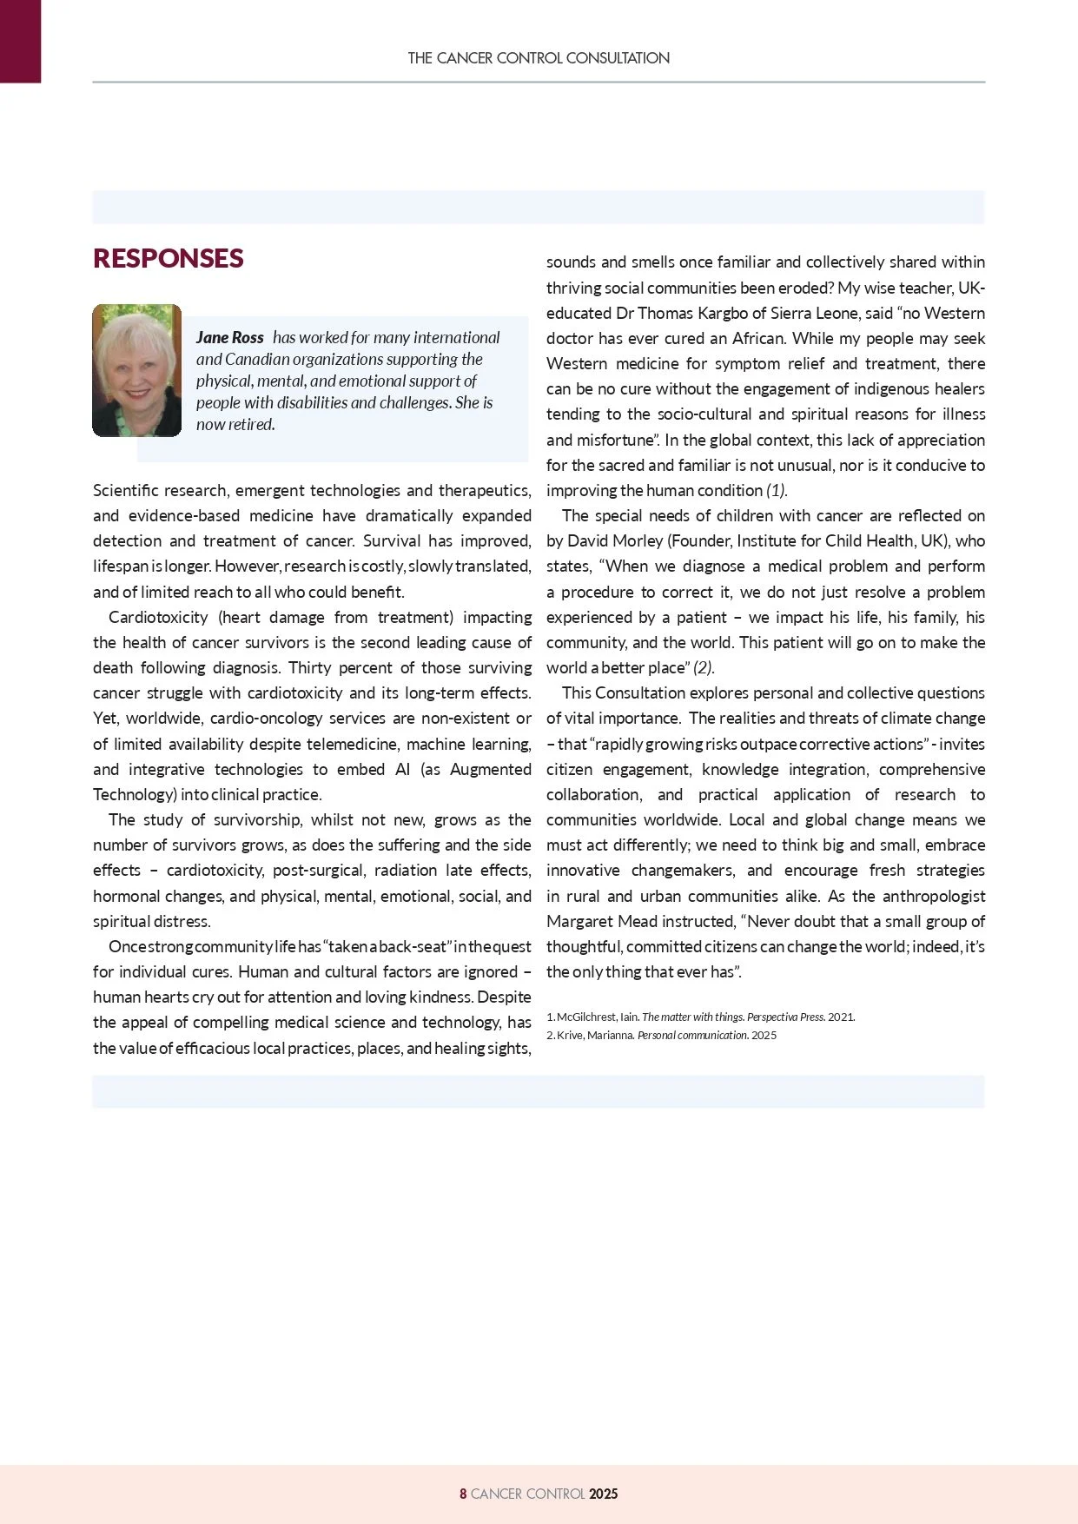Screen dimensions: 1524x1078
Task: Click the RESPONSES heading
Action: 168,259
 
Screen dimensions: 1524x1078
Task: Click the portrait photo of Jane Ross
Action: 137,370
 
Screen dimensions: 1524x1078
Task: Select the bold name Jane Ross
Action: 230,338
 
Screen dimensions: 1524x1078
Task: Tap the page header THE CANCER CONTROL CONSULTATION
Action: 539,58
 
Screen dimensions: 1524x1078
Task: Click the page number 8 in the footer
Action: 463,1494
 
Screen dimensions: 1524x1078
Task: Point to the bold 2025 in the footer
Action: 603,1494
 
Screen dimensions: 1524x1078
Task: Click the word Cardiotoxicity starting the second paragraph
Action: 158,618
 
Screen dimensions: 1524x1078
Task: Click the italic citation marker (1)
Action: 777,491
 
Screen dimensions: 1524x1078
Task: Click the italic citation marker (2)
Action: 704,668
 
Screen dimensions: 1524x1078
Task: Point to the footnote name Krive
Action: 570,1035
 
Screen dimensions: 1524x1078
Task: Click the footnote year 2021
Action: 841,1017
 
